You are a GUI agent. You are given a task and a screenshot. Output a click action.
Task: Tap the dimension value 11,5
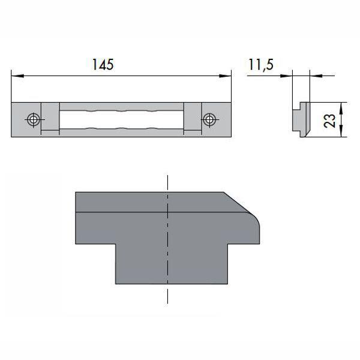260,64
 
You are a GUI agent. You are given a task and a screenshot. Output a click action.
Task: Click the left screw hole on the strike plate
34,119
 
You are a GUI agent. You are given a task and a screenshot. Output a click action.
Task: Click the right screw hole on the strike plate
209,119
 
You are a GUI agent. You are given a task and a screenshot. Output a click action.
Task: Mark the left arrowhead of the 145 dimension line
16,76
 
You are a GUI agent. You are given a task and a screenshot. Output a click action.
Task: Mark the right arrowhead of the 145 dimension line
227,76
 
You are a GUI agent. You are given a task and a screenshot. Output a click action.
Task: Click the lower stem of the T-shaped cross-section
169,264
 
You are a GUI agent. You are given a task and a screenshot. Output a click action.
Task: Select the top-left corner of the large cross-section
76,193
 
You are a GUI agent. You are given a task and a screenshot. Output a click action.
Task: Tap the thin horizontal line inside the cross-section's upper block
120,213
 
